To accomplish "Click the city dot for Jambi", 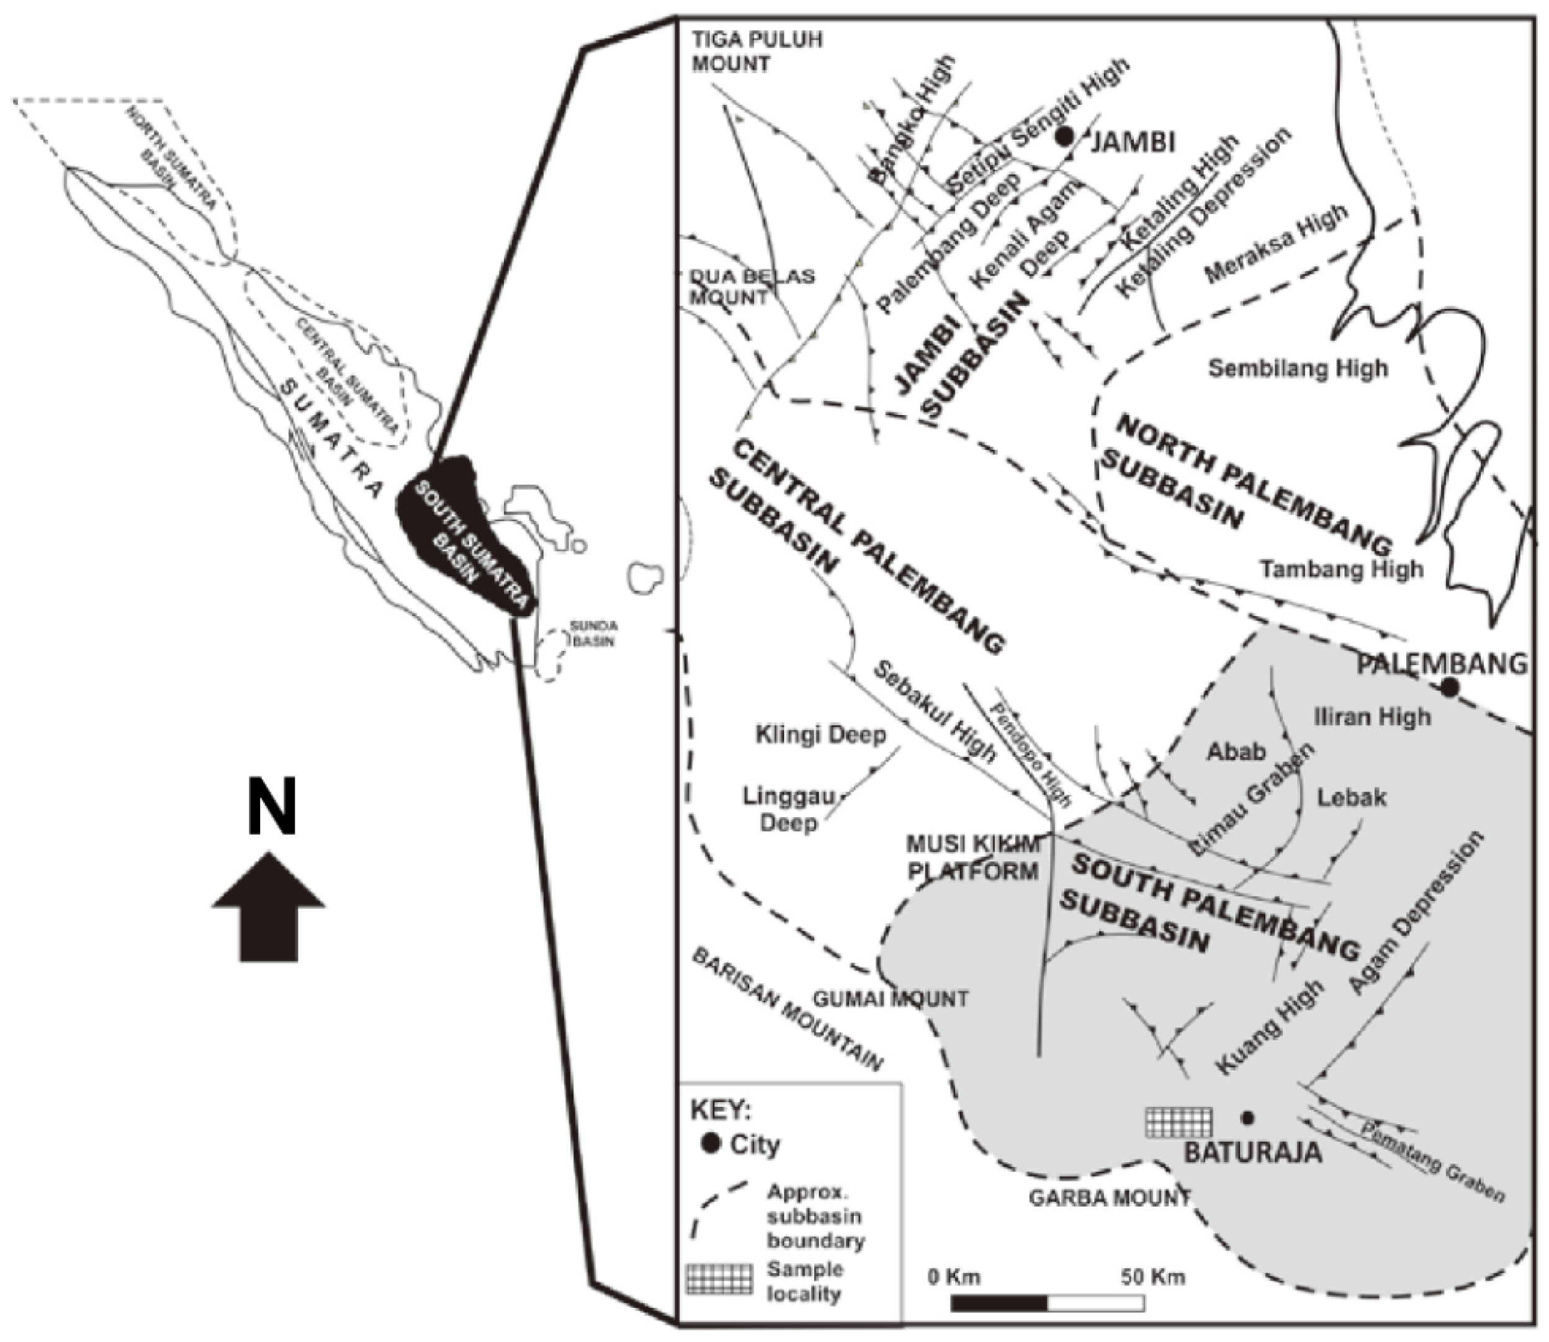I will point(1064,136).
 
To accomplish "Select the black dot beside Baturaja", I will point(1247,1118).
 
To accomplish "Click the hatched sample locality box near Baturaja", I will point(1179,1122).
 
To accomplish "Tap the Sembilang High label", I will point(1298,369).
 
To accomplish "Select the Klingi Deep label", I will point(820,735).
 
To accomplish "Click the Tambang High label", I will point(1340,569).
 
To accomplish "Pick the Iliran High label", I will point(1372,717).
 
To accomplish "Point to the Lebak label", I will point(1352,797).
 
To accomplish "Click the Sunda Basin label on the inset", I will point(593,633).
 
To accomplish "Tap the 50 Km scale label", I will point(1153,1277).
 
